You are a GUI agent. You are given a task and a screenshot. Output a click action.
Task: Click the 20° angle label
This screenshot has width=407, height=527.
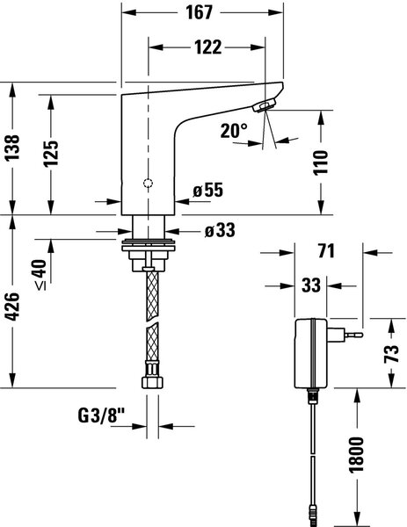(233, 132)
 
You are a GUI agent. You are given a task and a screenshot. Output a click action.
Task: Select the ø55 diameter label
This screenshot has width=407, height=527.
(209, 189)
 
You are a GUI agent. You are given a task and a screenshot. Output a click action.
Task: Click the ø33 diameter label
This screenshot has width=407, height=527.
(220, 231)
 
